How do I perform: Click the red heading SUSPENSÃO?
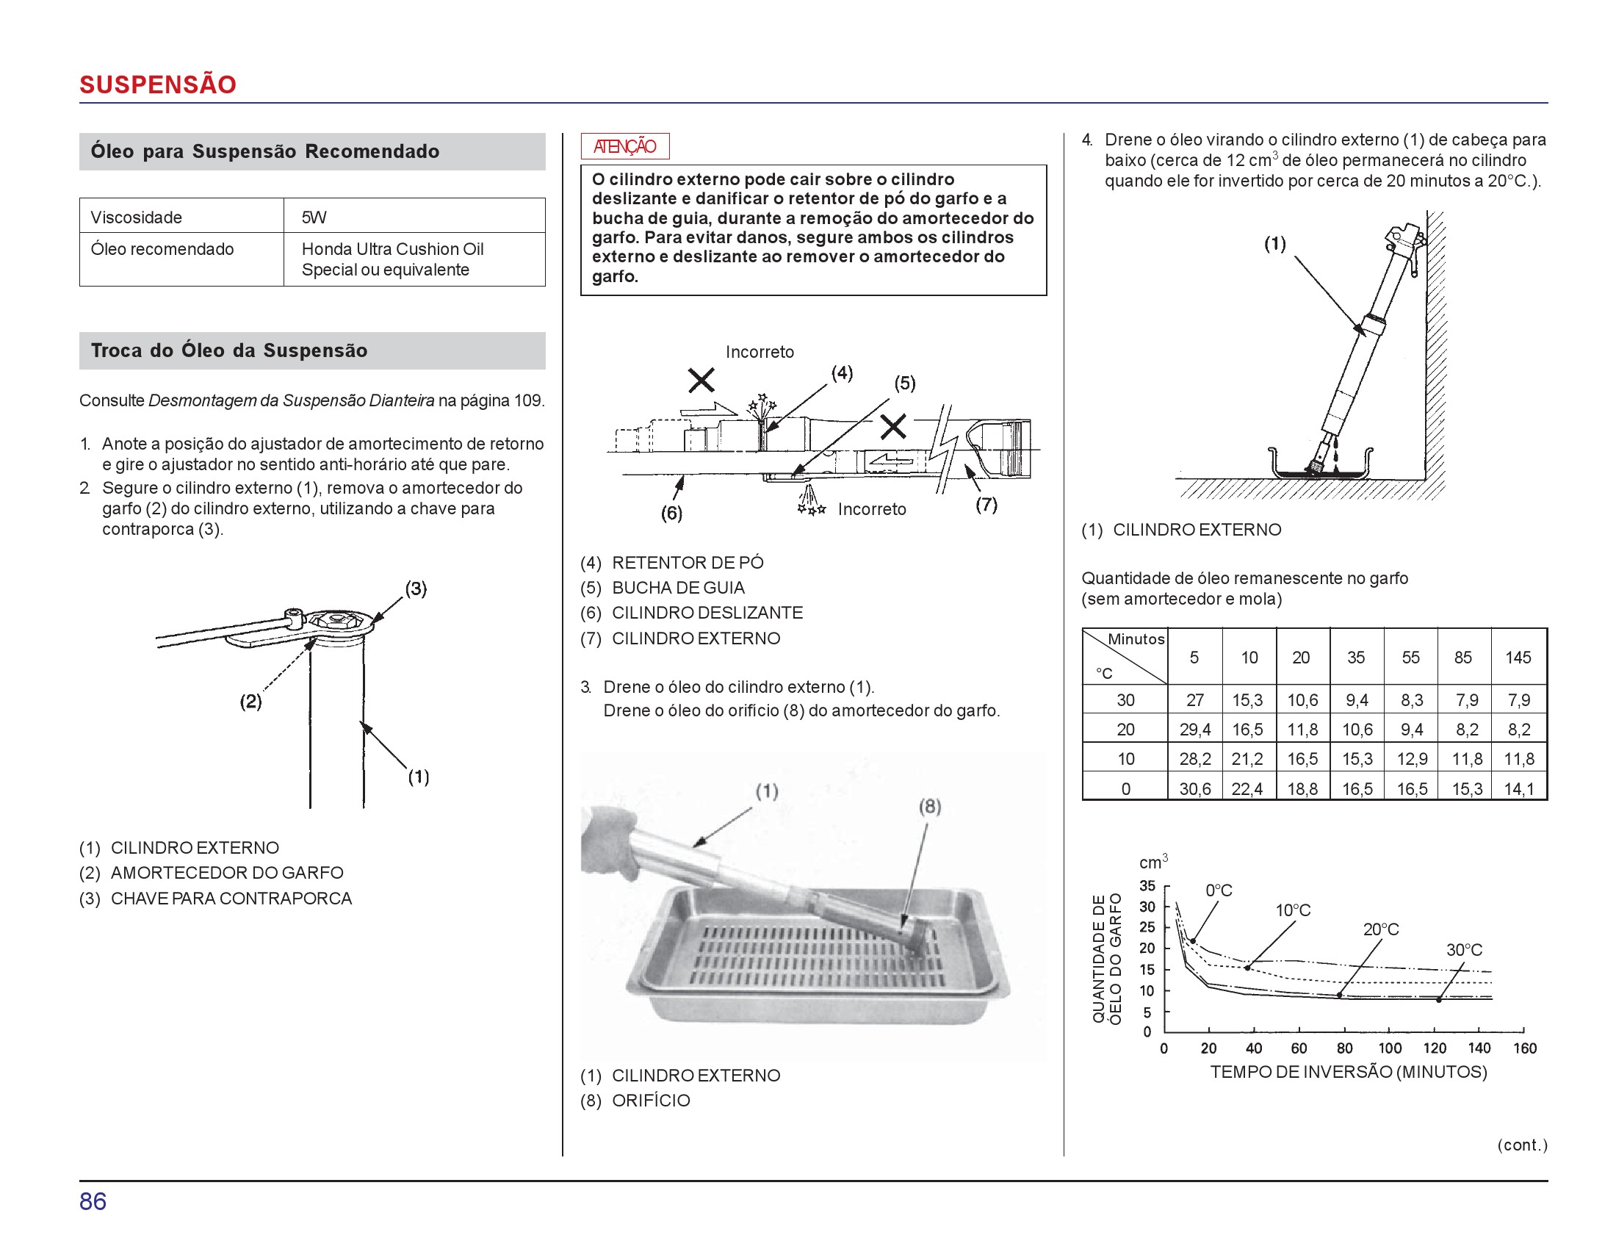click(158, 84)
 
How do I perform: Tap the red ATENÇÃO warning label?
click(624, 146)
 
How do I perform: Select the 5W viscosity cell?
click(314, 217)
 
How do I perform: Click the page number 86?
click(93, 1201)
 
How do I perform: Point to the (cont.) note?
click(1521, 1145)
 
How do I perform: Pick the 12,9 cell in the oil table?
click(1411, 758)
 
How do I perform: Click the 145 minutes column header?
click(1518, 657)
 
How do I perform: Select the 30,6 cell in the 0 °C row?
click(1194, 789)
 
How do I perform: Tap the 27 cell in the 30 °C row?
click(1194, 700)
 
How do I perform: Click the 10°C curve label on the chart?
click(1293, 910)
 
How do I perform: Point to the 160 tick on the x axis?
click(1524, 1048)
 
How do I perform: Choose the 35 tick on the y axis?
click(1147, 886)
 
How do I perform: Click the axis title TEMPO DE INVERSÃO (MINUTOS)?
click(1348, 1071)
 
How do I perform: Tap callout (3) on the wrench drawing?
click(416, 588)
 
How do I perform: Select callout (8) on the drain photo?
click(929, 806)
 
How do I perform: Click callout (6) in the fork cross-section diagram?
click(671, 513)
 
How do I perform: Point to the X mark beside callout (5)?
click(893, 425)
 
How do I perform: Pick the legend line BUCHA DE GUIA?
click(678, 588)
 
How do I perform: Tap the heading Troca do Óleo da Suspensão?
click(228, 350)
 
